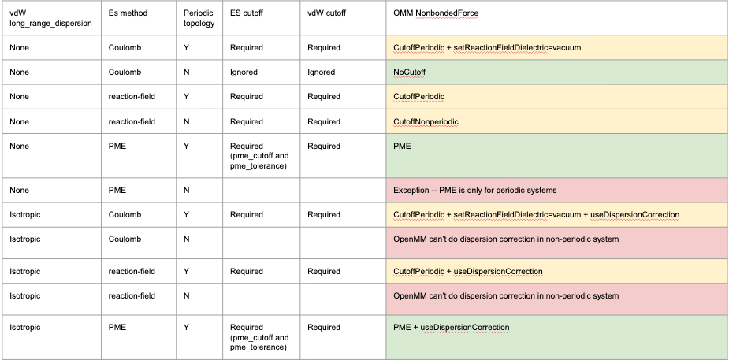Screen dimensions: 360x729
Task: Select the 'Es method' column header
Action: [x=128, y=14]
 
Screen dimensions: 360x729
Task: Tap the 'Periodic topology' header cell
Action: [x=197, y=18]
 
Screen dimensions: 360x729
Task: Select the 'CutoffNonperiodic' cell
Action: [x=426, y=121]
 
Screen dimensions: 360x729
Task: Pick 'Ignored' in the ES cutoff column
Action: [x=244, y=72]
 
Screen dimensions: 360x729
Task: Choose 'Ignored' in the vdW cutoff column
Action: [x=321, y=72]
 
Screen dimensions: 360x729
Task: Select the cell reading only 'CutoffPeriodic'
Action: [x=418, y=96]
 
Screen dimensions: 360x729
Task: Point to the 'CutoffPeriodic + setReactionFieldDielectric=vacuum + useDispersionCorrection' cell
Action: [x=536, y=214]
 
